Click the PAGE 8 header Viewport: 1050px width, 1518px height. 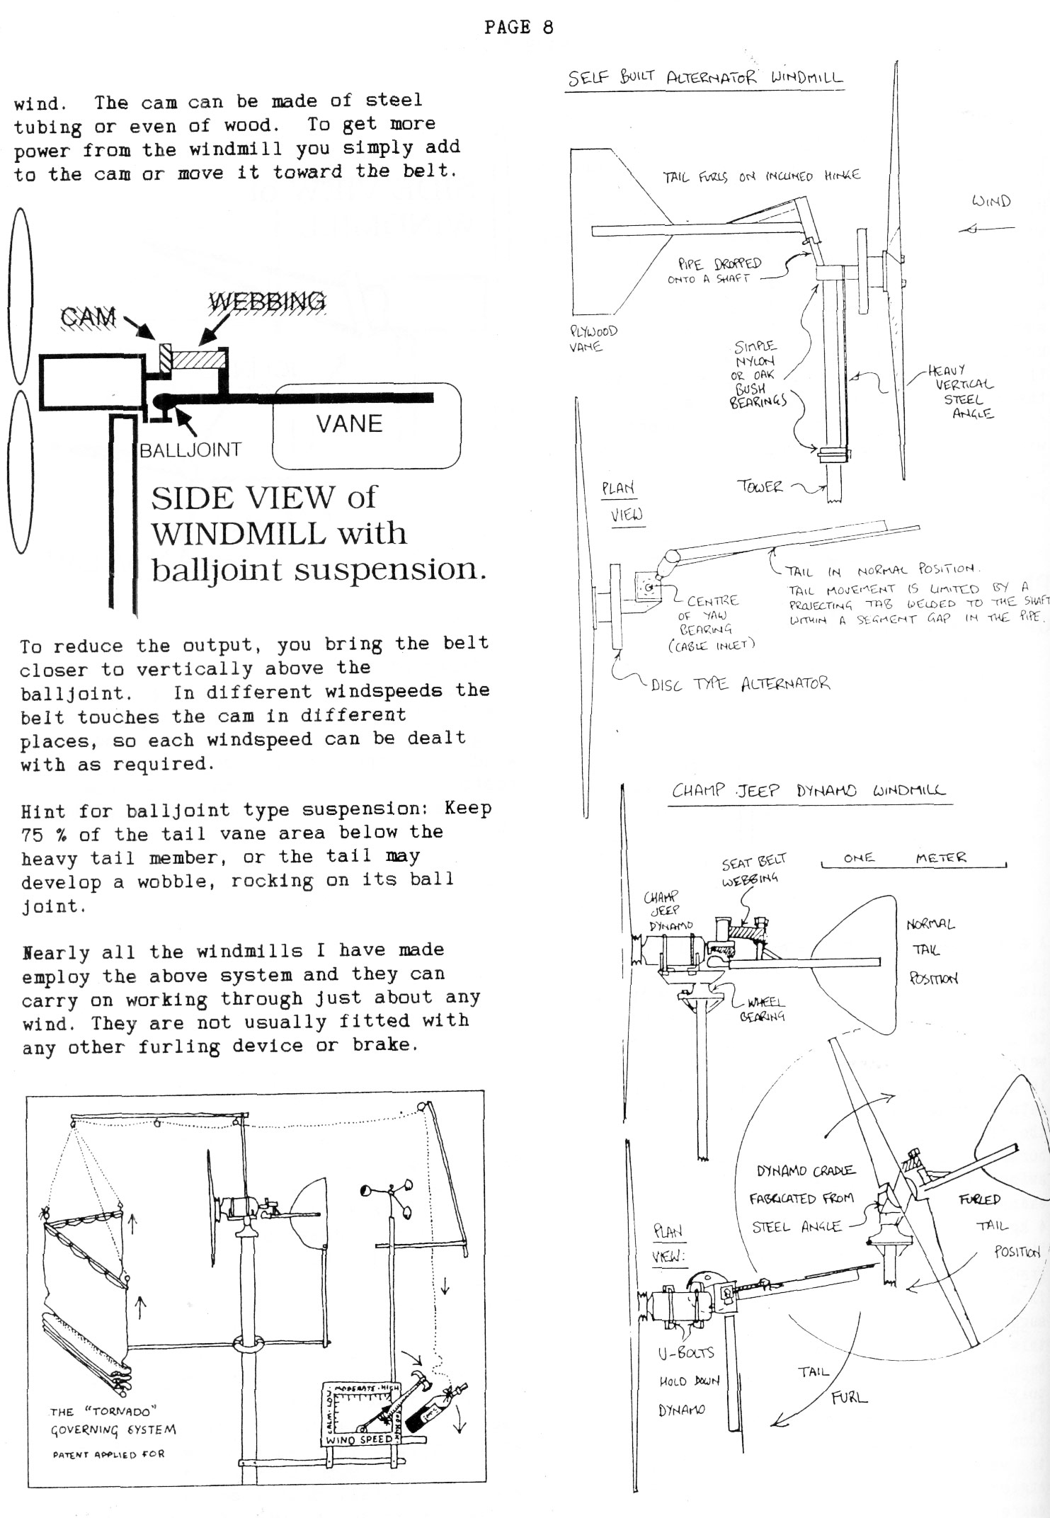[x=518, y=28]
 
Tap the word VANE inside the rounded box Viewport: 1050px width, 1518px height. [x=349, y=423]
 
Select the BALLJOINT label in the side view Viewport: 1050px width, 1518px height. [x=190, y=450]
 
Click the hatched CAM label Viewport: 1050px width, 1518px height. [x=89, y=316]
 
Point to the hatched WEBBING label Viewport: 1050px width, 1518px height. [x=268, y=302]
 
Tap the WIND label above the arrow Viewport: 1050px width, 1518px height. [x=991, y=201]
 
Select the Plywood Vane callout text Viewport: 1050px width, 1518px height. [x=593, y=338]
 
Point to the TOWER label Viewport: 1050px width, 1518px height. [x=760, y=486]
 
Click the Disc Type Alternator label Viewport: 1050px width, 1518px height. [x=740, y=684]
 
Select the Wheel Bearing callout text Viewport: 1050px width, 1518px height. [x=764, y=1010]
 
